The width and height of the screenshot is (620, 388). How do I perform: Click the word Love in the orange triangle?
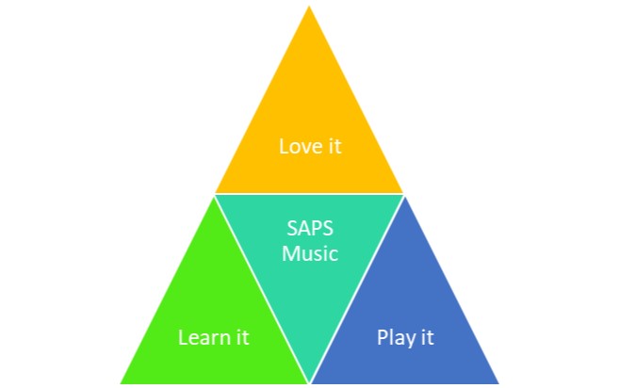299,146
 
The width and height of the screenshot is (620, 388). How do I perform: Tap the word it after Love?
334,146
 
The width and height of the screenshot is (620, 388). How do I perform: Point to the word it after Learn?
243,337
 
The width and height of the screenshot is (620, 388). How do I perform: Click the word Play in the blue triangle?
395,338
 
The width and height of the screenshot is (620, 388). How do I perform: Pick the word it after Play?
428,337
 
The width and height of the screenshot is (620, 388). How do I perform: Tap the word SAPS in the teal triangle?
310,228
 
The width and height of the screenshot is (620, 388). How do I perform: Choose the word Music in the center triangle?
310,253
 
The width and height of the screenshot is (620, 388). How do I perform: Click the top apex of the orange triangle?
309,6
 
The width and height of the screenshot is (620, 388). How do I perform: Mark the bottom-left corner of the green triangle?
121,383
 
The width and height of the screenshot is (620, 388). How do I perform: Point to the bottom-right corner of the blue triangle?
498,383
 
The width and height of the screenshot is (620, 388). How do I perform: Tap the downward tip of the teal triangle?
309,381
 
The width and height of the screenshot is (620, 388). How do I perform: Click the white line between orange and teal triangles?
309,194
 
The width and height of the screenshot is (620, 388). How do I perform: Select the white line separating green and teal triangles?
262,289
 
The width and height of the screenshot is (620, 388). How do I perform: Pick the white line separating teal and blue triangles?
357,289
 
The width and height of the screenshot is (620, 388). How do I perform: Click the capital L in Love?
284,146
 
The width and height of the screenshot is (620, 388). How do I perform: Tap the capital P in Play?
382,337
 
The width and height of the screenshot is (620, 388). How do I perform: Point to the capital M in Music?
290,253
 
